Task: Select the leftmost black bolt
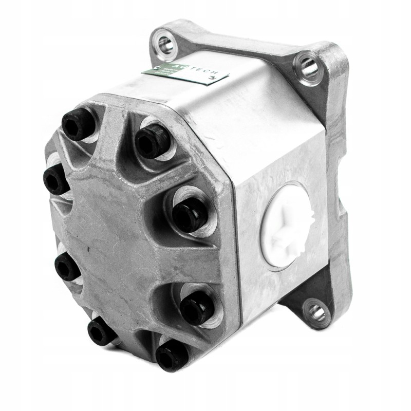(x=53, y=178)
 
